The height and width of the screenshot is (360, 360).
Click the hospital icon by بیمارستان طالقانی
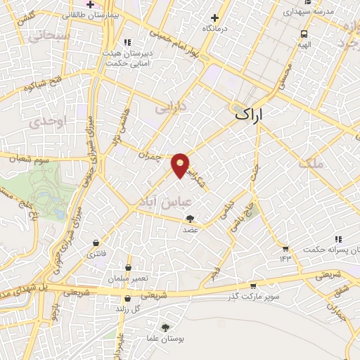91,4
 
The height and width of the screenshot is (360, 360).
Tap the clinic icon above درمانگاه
214,18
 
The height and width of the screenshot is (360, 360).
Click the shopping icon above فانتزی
95,243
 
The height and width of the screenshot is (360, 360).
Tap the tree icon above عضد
191,219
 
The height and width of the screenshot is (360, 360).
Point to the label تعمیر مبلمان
129,278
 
